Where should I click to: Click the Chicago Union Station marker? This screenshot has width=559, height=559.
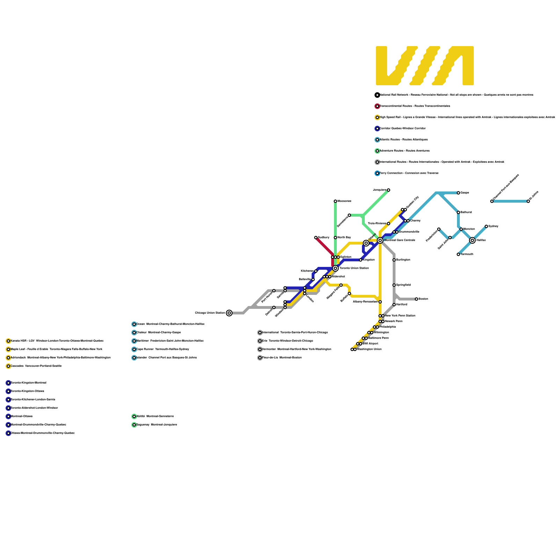(x=229, y=313)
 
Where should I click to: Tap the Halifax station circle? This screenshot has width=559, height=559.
(x=472, y=240)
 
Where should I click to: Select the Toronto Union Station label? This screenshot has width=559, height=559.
(x=354, y=268)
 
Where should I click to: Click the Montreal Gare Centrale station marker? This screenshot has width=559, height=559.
(x=380, y=240)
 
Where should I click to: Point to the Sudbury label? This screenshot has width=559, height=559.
(x=324, y=238)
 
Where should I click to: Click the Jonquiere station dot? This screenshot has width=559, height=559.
(x=389, y=190)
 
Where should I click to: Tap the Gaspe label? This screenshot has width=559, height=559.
(x=465, y=193)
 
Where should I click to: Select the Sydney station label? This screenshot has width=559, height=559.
(x=493, y=226)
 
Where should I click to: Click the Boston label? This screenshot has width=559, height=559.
(x=423, y=299)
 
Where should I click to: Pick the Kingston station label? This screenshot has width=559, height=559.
(x=369, y=260)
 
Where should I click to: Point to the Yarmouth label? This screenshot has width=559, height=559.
(x=467, y=254)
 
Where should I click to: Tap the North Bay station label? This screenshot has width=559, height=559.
(x=344, y=238)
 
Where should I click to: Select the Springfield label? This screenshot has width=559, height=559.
(x=404, y=285)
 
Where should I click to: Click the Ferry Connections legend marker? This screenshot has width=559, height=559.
(x=377, y=173)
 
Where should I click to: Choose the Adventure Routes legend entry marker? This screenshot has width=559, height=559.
(x=377, y=151)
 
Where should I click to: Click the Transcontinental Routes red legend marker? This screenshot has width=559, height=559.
(x=377, y=106)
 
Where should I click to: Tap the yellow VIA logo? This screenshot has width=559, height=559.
(x=424, y=66)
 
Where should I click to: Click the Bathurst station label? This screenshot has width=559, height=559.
(x=466, y=212)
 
